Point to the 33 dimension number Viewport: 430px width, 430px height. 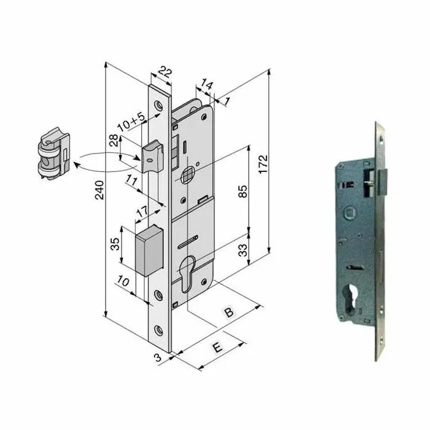click(243, 251)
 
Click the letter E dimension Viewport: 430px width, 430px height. click(216, 347)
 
